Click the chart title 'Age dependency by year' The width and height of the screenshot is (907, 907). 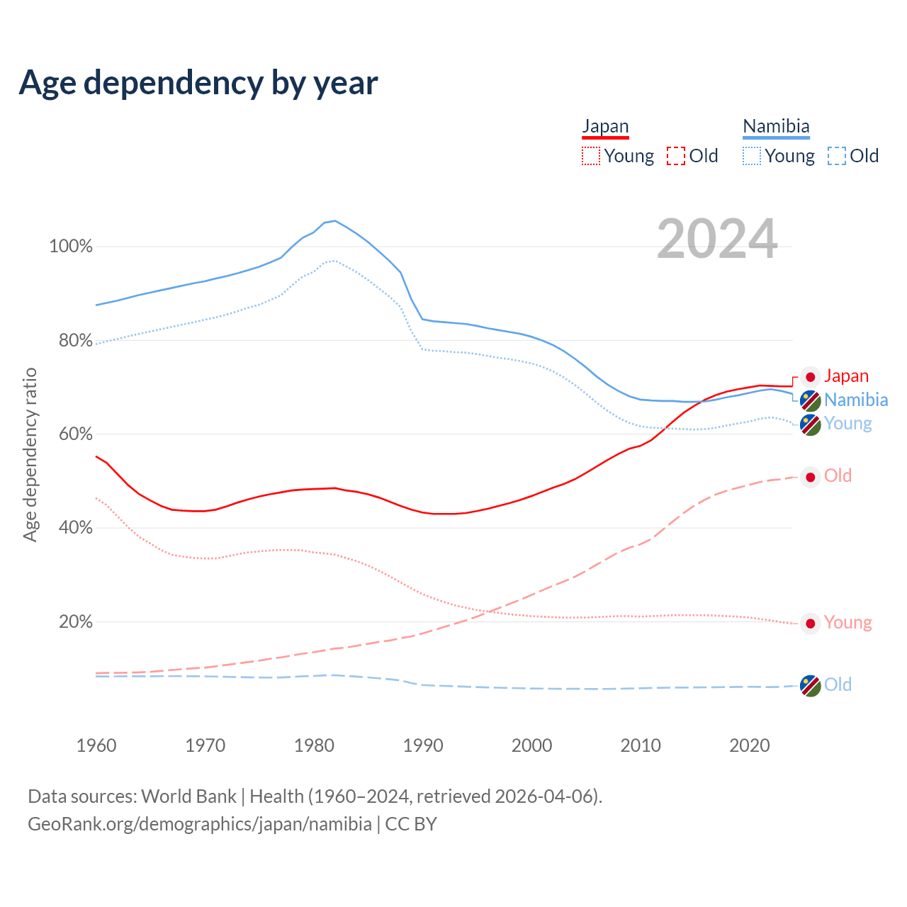click(198, 83)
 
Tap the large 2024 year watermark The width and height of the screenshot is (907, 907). click(717, 239)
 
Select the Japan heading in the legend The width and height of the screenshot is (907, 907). click(605, 126)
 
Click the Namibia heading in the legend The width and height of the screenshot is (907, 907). click(776, 126)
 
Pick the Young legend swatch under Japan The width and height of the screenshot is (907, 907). click(590, 156)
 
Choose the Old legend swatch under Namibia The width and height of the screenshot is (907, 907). click(837, 156)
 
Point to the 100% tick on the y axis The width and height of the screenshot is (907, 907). click(71, 247)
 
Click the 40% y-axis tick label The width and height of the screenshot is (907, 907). click(76, 528)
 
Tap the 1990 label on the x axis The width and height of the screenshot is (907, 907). click(423, 745)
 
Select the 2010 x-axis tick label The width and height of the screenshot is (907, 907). click(641, 745)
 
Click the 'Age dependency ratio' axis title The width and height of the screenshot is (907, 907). click(30, 454)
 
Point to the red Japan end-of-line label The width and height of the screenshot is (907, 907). click(846, 376)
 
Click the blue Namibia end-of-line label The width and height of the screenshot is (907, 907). click(856, 400)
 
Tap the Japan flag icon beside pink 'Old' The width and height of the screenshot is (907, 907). click(811, 477)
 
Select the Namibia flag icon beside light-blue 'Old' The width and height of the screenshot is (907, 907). click(810, 685)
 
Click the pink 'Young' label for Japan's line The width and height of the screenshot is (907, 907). click(848, 622)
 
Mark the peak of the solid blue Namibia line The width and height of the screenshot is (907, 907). click(334, 220)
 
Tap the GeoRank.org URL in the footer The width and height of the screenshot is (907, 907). click(200, 824)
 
